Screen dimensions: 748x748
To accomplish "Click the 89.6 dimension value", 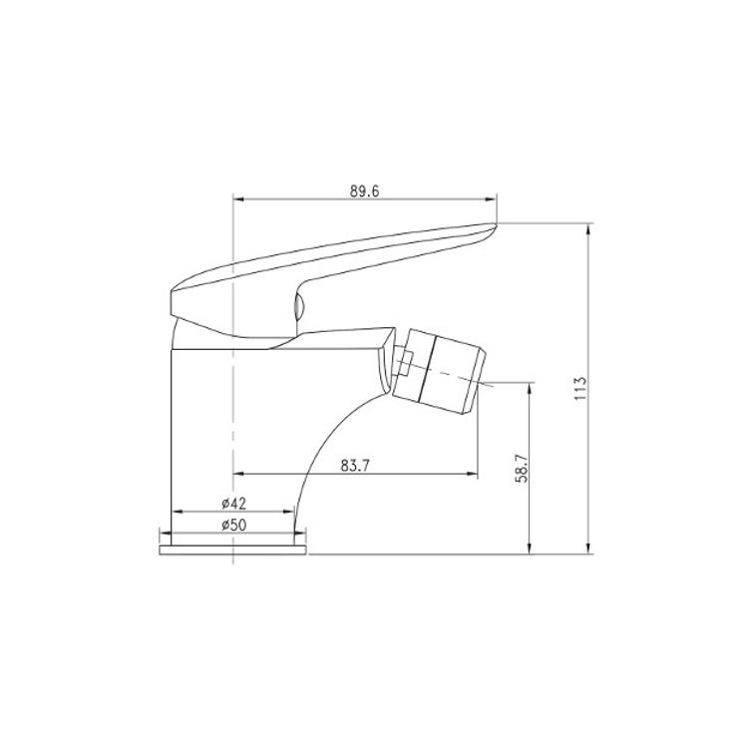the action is pyautogui.click(x=364, y=191).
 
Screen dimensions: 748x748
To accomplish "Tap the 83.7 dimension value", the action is pyautogui.click(x=355, y=465).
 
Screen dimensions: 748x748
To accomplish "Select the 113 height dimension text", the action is pyautogui.click(x=580, y=388).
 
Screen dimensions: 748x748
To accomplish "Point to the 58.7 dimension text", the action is pyautogui.click(x=522, y=468).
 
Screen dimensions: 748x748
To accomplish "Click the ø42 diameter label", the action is pyautogui.click(x=233, y=503).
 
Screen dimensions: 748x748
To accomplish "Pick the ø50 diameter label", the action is pyautogui.click(x=233, y=526).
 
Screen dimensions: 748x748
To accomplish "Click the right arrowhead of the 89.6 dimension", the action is pyautogui.click(x=491, y=199).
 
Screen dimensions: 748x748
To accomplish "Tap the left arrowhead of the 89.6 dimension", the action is pyautogui.click(x=239, y=199).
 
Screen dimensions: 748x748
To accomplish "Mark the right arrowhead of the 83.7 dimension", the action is pyautogui.click(x=472, y=474).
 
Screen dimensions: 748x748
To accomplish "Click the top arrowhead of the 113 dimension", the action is pyautogui.click(x=589, y=229).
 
